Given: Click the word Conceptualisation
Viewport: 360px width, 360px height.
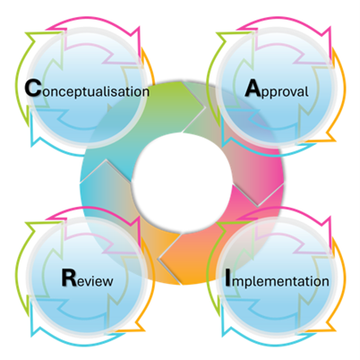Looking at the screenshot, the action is pos(87,90).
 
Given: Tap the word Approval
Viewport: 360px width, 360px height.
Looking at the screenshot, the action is pos(277,90).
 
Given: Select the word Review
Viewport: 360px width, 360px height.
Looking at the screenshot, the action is pos(87,279).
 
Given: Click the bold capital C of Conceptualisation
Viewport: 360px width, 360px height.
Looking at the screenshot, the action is pos(32,88).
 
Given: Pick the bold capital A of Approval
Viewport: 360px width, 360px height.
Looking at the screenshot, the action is pos(253,88).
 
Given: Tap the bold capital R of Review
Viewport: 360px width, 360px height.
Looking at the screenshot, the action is pos(69,278).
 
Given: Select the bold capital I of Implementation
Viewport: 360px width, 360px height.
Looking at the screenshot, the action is pos(228,278).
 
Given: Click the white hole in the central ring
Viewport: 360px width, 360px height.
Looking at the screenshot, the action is pos(182,182).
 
